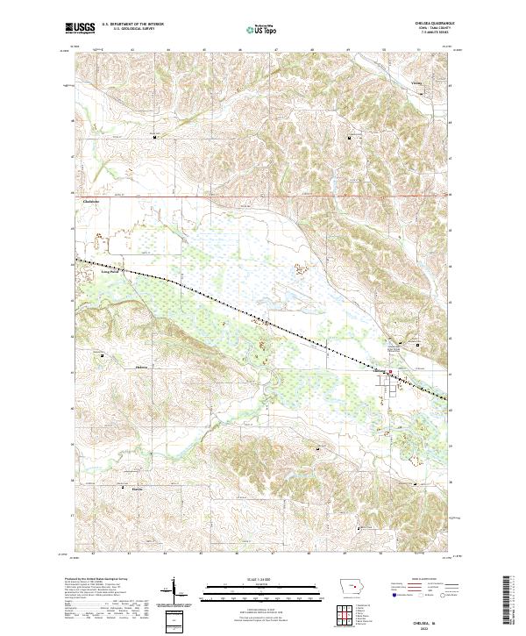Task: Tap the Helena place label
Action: (x=144, y=358)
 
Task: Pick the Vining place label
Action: (x=417, y=85)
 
